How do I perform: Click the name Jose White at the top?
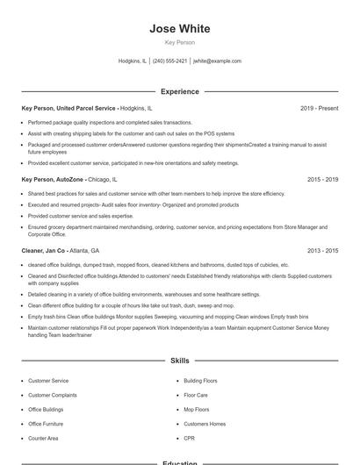[x=180, y=29]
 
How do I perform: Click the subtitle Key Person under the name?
[x=180, y=42]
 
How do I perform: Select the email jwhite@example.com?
[x=217, y=61]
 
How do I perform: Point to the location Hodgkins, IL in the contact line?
[x=133, y=61]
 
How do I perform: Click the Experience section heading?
[x=180, y=91]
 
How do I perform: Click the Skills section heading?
[x=180, y=361]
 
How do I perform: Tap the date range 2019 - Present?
[x=319, y=108]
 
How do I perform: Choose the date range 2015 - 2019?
[x=322, y=179]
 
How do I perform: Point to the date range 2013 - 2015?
[x=322, y=250]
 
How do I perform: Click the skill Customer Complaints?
[x=53, y=395]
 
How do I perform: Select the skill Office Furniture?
[x=46, y=424]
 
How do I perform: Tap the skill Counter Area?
[x=43, y=438]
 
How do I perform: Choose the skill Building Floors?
[x=200, y=381]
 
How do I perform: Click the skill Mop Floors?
[x=197, y=410]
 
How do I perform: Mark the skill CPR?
[x=190, y=438]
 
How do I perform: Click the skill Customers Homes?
[x=205, y=424]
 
